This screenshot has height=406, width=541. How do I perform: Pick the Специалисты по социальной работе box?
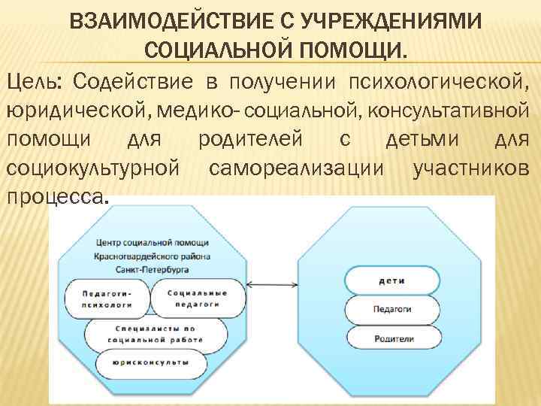point(156,334)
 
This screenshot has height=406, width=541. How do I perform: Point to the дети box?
point(393,280)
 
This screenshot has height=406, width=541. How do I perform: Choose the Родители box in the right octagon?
point(393,338)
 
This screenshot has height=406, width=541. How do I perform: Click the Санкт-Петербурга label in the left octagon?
point(153,268)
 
